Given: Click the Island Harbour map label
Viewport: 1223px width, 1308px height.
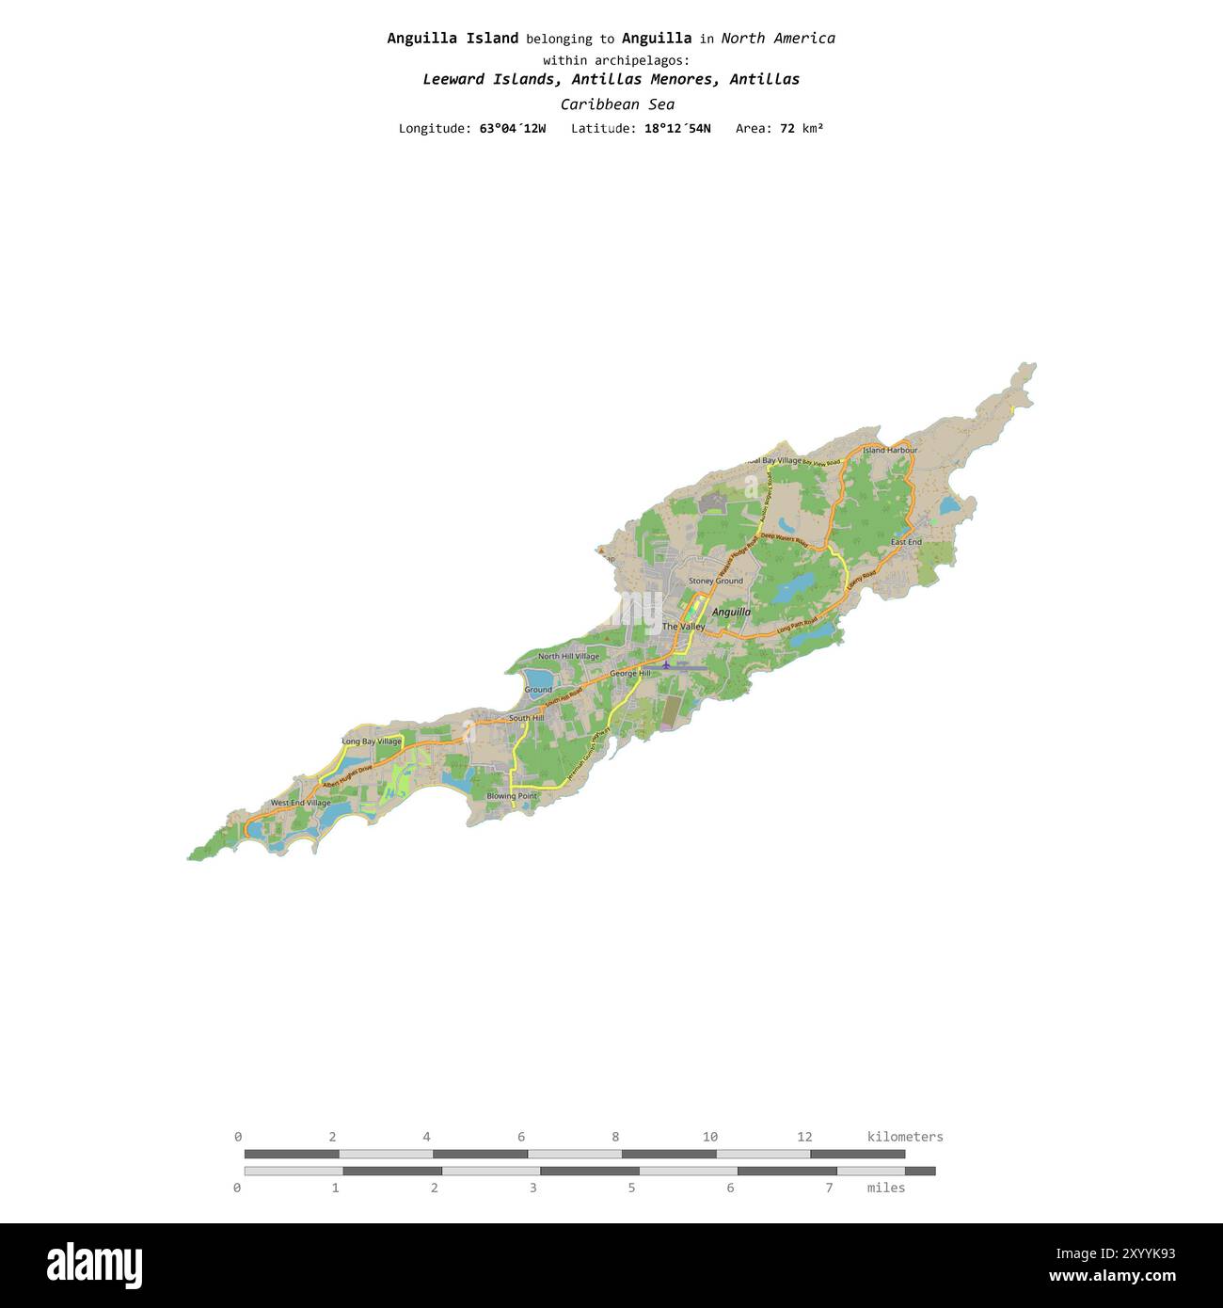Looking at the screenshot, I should [889, 450].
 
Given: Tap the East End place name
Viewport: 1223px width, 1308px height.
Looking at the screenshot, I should [906, 542].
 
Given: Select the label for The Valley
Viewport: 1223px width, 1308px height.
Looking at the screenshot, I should [683, 627].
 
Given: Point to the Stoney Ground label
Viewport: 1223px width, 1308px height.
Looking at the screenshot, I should [715, 582].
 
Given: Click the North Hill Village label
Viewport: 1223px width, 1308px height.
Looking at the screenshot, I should [568, 657].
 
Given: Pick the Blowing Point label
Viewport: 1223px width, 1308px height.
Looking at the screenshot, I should [512, 796].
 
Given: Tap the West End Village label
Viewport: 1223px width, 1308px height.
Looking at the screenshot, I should [300, 804].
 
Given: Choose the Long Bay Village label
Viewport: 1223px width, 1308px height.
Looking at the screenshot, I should [371, 742].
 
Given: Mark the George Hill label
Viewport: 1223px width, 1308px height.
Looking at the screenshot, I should [629, 674].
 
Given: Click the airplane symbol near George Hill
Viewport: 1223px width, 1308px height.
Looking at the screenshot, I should [666, 665].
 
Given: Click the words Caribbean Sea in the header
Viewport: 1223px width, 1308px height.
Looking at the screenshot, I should [617, 104].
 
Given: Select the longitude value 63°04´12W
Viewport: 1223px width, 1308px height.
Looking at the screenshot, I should [512, 128].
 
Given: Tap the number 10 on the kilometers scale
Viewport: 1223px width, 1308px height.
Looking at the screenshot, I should [709, 1137].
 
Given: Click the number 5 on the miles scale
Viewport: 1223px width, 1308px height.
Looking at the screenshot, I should [631, 1188].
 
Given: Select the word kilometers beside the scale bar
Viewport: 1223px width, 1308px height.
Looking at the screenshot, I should [904, 1137].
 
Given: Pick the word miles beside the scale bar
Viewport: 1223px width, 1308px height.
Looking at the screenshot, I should [885, 1188].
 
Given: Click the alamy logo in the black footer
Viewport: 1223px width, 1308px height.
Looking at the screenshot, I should [94, 1266].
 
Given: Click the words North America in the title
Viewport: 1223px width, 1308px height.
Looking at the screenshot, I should [777, 39].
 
